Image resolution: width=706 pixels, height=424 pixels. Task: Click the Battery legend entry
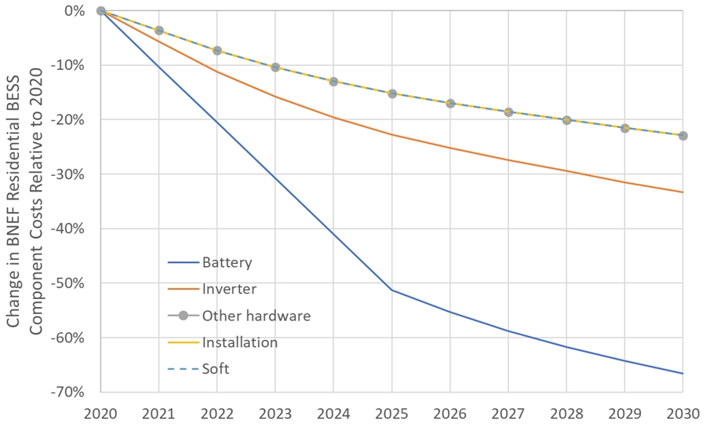click(227, 263)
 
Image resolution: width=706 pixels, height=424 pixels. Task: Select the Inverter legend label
click(229, 289)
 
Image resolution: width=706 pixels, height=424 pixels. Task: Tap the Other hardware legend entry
click(256, 316)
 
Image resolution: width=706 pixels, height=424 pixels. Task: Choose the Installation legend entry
click(239, 342)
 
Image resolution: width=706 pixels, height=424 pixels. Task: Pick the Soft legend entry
click(216, 368)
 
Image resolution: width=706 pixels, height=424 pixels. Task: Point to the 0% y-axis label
click(75, 11)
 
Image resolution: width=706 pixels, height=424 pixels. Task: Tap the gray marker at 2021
click(159, 31)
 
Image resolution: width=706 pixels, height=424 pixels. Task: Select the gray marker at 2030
click(682, 136)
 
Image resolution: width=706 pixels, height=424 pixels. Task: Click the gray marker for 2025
click(391, 93)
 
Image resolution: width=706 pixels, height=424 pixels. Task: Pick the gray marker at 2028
click(566, 120)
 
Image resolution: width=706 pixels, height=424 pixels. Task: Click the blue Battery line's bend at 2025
click(391, 290)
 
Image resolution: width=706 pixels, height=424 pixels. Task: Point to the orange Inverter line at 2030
click(682, 192)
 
